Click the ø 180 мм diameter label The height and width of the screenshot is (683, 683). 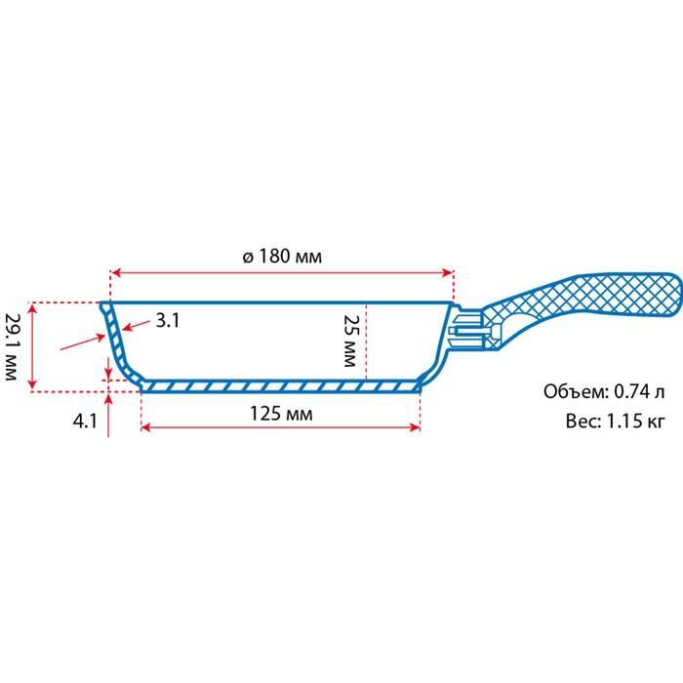coord(282,256)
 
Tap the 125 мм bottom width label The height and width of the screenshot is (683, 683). coord(281,414)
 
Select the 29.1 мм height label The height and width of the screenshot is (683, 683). coord(11,346)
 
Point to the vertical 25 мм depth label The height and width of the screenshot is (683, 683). coord(350,341)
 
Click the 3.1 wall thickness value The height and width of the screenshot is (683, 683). coord(168,321)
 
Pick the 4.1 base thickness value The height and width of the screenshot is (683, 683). coord(85,422)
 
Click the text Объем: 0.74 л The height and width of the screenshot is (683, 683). coord(604,391)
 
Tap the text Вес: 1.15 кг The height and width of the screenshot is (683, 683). coord(616,422)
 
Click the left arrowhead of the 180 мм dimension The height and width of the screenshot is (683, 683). coord(116,273)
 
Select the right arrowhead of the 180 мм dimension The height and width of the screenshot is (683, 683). coord(448,273)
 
